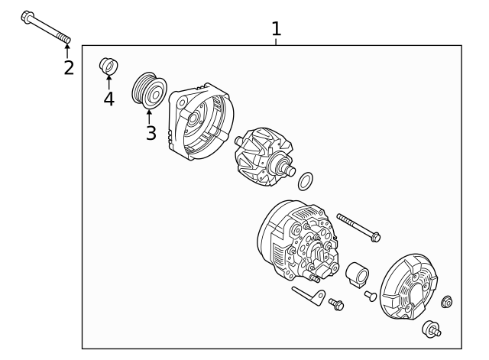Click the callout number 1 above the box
(277, 29)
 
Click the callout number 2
(69, 68)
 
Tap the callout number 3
(151, 133)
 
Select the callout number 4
(108, 99)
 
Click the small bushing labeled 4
(108, 66)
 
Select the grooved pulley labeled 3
(149, 90)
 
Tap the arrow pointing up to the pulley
(149, 117)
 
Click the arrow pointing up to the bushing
(108, 83)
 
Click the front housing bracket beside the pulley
(201, 122)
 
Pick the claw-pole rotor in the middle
(264, 157)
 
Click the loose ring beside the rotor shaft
(306, 181)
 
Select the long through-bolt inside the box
(358, 228)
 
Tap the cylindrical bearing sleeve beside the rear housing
(357, 274)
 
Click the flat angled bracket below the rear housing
(309, 296)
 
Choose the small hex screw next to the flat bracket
(336, 304)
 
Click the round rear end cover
(409, 287)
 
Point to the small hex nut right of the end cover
(447, 302)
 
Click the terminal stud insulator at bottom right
(431, 329)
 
